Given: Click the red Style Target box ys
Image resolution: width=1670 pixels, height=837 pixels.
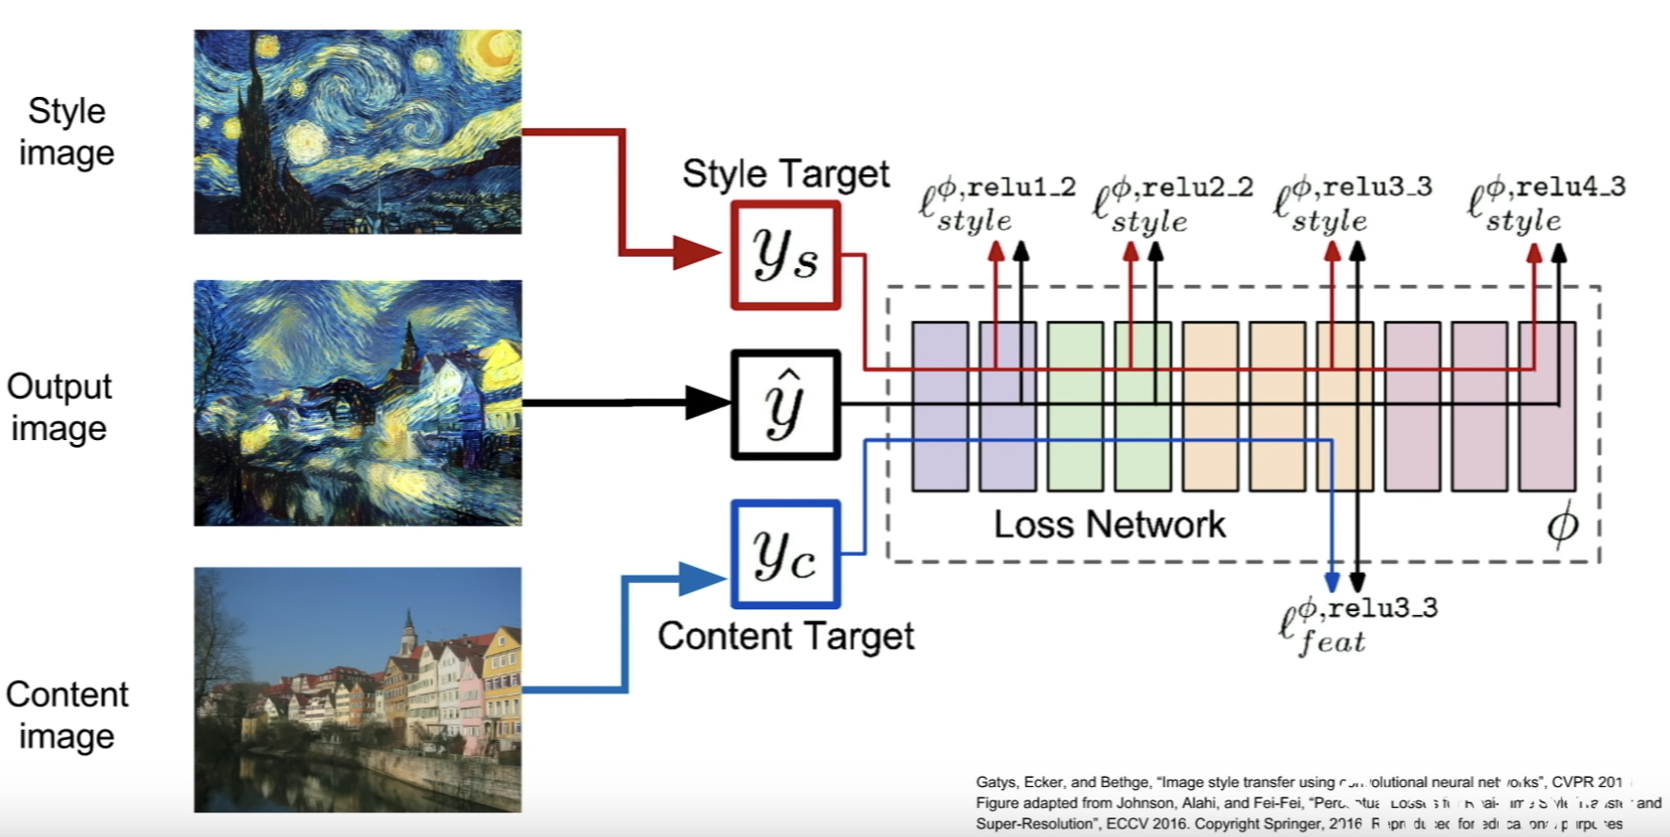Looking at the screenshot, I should [785, 255].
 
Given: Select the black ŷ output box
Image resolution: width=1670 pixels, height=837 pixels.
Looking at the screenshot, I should [785, 404].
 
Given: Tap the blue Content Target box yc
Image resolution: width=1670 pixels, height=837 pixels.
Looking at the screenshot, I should [785, 554].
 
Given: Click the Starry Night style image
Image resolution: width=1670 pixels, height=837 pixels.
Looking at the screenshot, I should [357, 132].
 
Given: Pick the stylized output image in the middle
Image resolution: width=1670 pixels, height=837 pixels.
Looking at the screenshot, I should [357, 403].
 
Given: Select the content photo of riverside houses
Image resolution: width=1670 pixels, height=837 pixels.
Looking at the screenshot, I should [357, 689].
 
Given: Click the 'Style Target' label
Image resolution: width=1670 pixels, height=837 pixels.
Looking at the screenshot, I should [785, 174].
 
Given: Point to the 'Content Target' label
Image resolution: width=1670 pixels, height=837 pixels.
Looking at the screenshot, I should [785, 637].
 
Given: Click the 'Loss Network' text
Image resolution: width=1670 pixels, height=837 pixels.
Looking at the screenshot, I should [1110, 525].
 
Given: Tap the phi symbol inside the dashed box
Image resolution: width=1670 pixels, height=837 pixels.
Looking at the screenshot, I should [1562, 525].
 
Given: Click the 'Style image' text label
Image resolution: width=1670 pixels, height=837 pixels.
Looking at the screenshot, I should [66, 132].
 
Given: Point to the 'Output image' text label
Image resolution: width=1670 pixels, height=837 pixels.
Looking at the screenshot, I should [59, 407].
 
